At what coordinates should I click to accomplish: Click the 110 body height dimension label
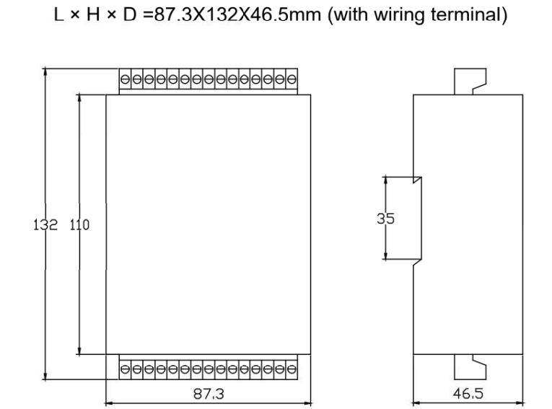click(79, 224)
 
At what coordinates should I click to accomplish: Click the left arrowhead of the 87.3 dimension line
click(109, 403)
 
